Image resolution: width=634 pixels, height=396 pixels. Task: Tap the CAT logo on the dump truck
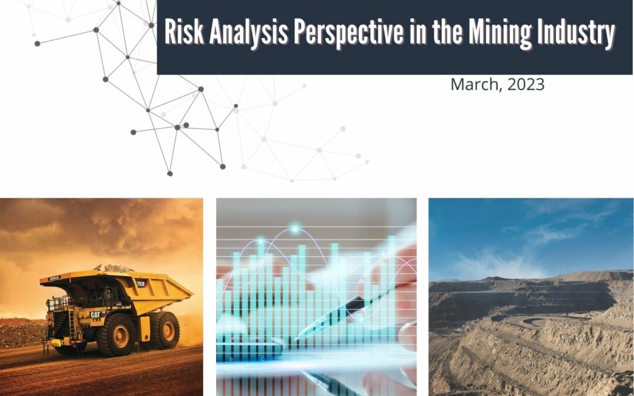95,315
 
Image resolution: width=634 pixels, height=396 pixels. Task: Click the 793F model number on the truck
141,284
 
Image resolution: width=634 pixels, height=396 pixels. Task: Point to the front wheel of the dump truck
116,335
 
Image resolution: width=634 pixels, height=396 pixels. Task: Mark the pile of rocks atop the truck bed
114,268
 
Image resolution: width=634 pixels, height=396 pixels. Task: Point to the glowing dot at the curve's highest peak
295,229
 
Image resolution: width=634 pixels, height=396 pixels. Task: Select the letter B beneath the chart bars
231,359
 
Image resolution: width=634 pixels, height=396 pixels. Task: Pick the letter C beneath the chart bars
263,359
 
